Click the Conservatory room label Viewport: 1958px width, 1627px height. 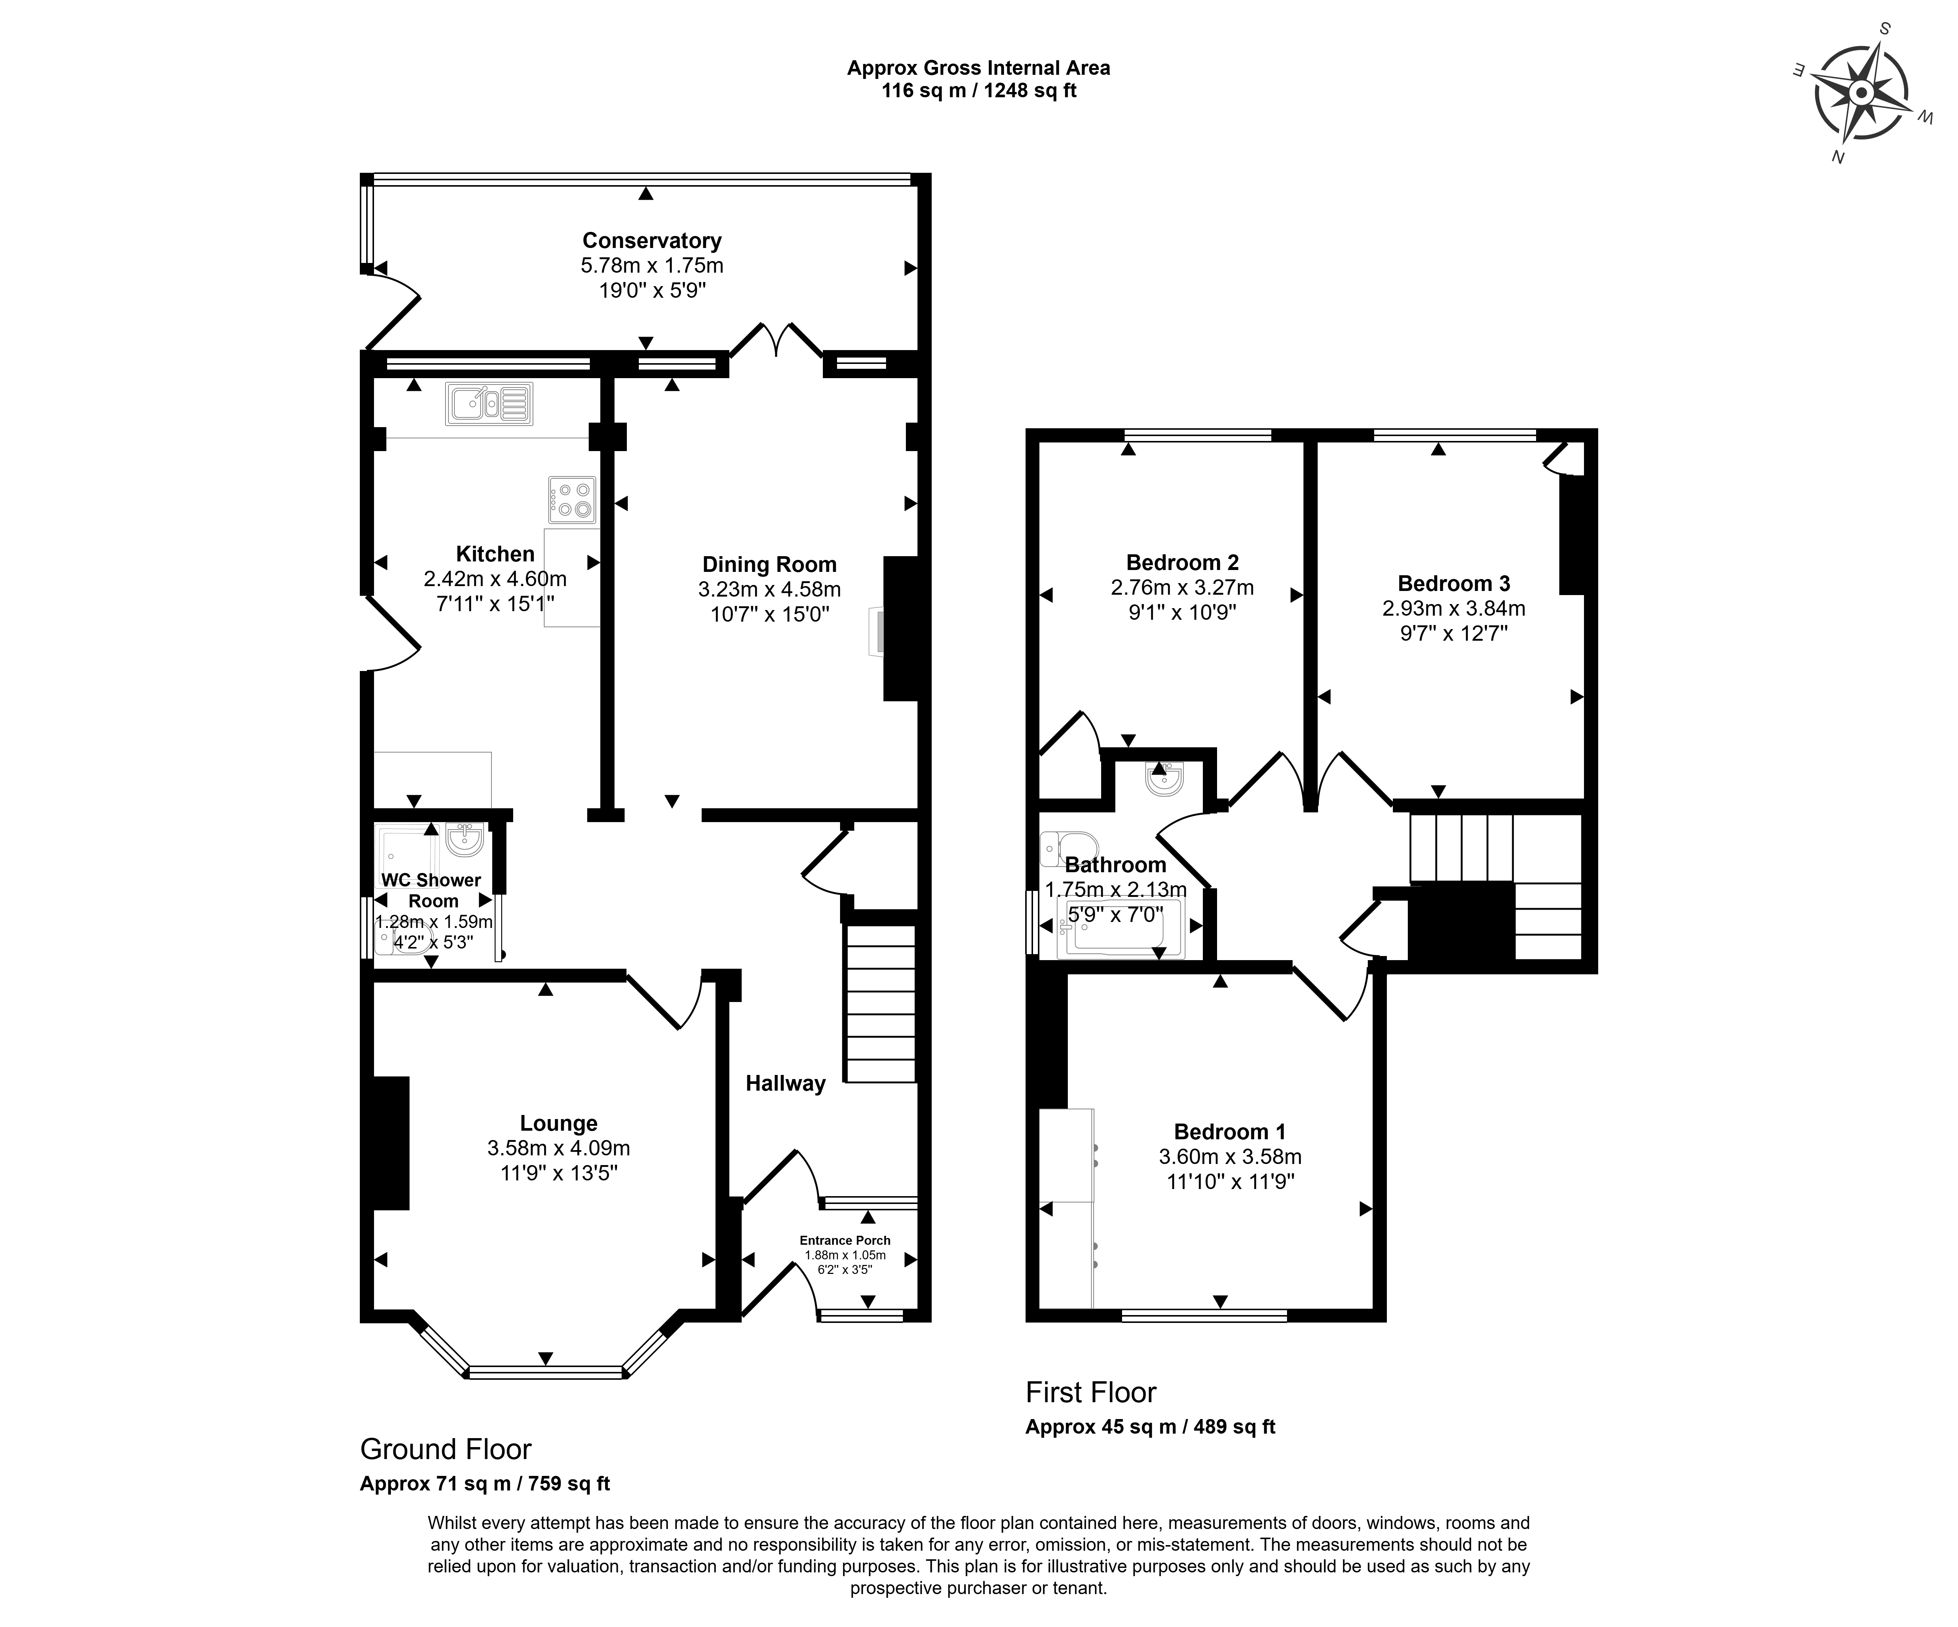tap(652, 240)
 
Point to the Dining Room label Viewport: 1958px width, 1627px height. tap(769, 564)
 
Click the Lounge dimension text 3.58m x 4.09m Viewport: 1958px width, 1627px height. tap(558, 1148)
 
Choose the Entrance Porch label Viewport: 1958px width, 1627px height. tap(845, 1240)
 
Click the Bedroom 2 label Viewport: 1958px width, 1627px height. tap(1182, 562)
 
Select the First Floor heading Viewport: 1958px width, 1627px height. tap(1091, 1392)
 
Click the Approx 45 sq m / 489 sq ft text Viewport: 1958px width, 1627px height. tap(1150, 1427)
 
